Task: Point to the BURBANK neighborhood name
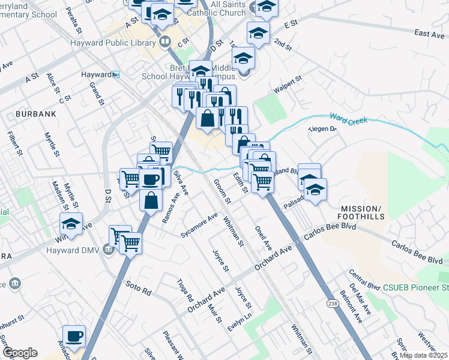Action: [x=36, y=113]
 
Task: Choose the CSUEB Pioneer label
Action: [x=414, y=288]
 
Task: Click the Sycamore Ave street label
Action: [x=199, y=224]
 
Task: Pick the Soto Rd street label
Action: [x=138, y=287]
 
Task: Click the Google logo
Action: [x=19, y=353]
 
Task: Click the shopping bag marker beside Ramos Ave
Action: [x=151, y=199]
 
